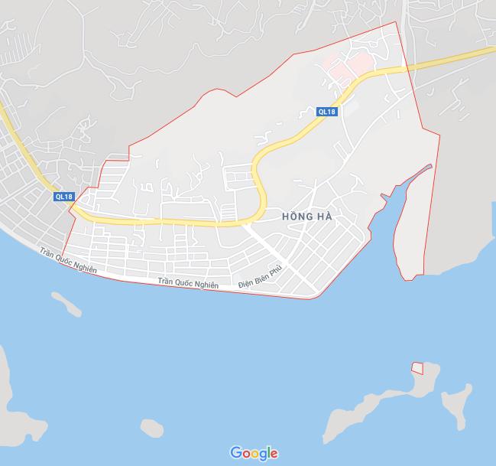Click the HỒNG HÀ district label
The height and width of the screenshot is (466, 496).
tap(306, 217)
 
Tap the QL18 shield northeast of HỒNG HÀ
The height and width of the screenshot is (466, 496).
tap(326, 112)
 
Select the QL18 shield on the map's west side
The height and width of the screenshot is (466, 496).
tap(64, 197)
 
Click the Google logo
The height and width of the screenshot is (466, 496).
tap(254, 453)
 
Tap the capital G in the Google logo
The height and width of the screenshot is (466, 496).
tap(236, 453)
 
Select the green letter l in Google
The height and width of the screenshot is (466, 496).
tap(267, 452)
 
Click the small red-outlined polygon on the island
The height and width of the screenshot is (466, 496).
tap(417, 368)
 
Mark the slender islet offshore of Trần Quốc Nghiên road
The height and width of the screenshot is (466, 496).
tap(67, 304)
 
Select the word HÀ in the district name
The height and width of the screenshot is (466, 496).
tap(324, 217)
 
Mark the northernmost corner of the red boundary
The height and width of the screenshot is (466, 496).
tap(396, 21)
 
